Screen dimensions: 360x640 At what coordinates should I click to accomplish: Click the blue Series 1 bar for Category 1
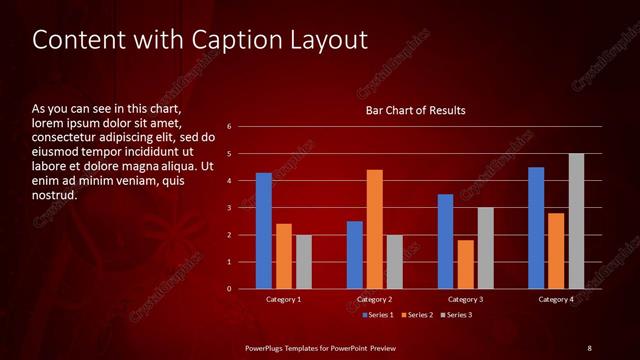(x=263, y=231)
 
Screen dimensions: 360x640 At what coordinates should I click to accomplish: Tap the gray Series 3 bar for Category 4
(x=576, y=221)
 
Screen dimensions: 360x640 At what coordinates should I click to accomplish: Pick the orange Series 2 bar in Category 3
(x=465, y=264)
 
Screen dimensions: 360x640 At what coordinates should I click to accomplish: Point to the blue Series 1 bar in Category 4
(x=536, y=228)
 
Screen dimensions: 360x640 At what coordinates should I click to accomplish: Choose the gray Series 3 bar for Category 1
(x=303, y=262)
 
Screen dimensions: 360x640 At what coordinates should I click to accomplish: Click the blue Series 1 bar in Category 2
(x=354, y=255)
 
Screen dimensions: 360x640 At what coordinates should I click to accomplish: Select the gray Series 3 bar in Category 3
(x=485, y=248)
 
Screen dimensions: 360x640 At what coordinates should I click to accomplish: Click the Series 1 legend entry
(x=375, y=315)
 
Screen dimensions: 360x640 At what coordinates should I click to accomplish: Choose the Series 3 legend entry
(x=455, y=315)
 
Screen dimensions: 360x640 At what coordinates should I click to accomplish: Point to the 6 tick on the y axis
(x=230, y=127)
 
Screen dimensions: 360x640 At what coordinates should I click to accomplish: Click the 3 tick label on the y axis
(x=230, y=208)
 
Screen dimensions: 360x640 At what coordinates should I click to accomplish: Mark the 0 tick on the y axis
(x=230, y=289)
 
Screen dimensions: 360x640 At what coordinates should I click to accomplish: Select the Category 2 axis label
(x=374, y=300)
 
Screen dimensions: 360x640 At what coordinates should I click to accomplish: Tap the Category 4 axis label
(x=556, y=300)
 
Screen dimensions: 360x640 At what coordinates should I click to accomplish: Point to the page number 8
(x=589, y=347)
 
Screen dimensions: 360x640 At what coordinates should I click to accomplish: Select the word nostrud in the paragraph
(x=55, y=195)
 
